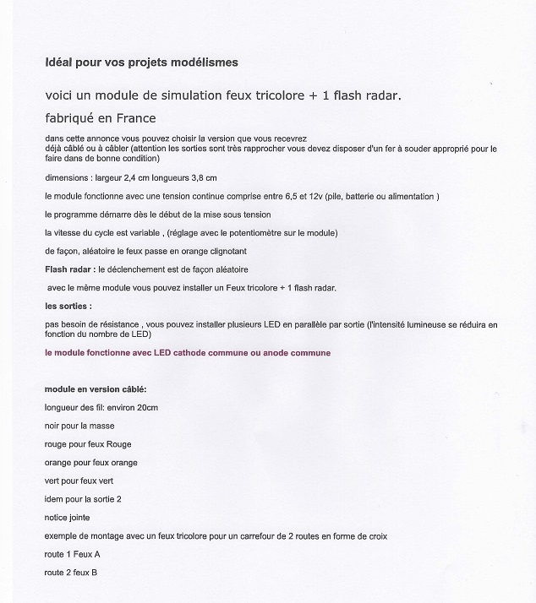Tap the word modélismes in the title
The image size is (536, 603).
[205, 62]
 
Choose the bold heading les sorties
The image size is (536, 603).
[68, 305]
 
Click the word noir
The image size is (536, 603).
[53, 426]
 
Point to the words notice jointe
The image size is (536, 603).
[68, 518]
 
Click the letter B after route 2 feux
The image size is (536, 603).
[94, 573]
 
